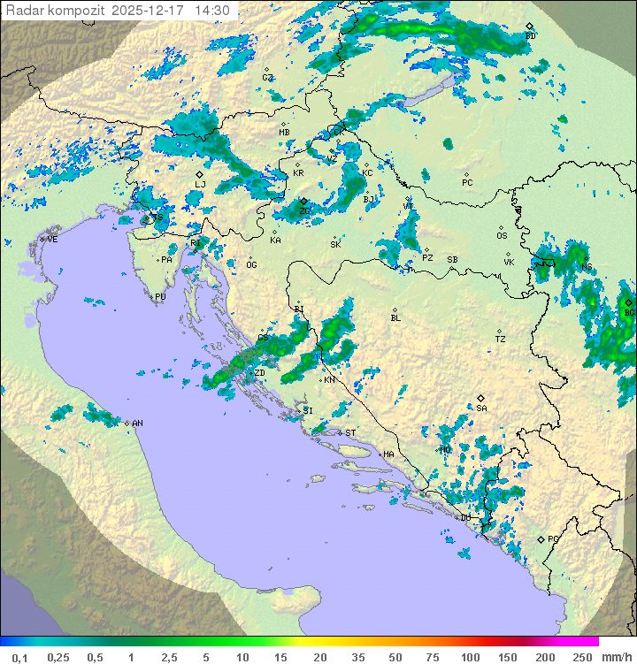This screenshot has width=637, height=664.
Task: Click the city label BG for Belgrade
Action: (x=629, y=312)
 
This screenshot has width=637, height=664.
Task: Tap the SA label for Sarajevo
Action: (x=481, y=408)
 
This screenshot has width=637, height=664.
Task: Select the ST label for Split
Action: (x=350, y=432)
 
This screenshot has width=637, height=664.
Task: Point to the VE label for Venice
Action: (x=52, y=239)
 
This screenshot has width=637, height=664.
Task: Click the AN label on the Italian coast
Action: (x=137, y=424)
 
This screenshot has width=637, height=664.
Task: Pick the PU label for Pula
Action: (x=160, y=297)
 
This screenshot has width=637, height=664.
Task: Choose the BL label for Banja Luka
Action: (x=395, y=317)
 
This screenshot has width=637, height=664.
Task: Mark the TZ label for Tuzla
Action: (x=500, y=339)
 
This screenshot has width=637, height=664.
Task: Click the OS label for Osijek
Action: (x=502, y=235)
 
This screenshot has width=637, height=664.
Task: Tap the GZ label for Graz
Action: (x=267, y=77)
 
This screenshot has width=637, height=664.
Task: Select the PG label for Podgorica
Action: (x=553, y=538)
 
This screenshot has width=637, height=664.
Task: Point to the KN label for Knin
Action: (x=329, y=379)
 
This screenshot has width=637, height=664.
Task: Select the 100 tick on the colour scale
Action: (x=470, y=657)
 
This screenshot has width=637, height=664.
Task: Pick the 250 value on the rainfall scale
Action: (x=583, y=657)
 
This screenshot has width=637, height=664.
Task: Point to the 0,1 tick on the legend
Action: (x=20, y=657)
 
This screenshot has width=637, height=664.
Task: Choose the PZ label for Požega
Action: (x=427, y=257)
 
